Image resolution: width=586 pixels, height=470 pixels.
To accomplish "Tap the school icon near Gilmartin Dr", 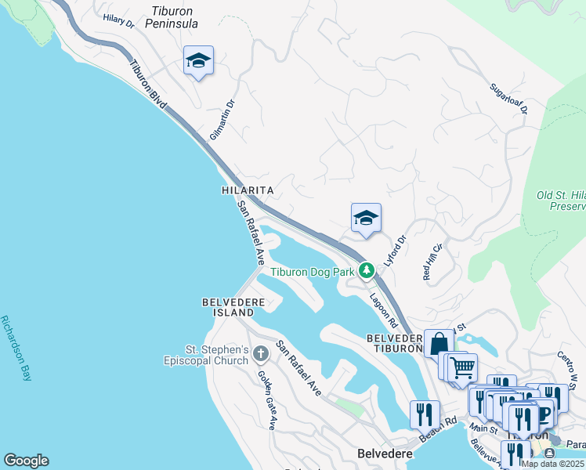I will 198,61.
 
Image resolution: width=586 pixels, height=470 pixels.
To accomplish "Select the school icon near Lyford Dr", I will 365,219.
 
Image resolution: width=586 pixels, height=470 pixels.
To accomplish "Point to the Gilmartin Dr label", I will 222,120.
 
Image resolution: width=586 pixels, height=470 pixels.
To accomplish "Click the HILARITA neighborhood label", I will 248,190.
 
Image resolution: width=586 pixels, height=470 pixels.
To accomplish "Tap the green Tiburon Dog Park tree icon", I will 366,271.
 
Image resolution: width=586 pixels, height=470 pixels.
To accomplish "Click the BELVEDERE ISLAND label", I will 228,306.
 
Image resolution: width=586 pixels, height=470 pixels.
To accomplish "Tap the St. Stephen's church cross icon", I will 261,354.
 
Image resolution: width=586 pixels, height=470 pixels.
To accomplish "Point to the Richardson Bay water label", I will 16,348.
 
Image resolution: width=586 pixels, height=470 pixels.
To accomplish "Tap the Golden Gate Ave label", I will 267,399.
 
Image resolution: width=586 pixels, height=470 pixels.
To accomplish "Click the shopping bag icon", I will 439,343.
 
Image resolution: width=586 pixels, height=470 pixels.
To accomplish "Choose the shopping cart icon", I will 462,367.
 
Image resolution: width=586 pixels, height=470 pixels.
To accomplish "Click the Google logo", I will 26,461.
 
